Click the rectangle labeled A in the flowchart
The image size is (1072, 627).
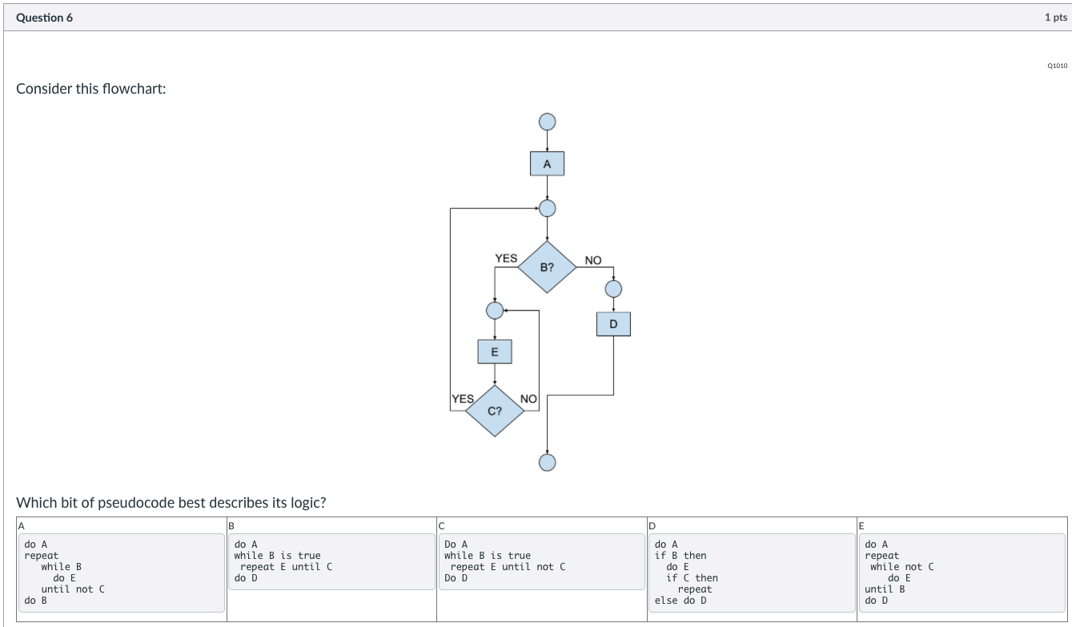(x=547, y=164)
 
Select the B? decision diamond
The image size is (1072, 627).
(x=547, y=267)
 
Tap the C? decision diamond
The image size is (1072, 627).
(x=495, y=411)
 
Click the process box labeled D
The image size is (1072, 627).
(x=613, y=324)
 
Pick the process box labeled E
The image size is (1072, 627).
(x=495, y=352)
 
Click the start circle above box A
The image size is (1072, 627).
(x=547, y=122)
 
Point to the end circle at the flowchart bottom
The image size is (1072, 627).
(x=547, y=463)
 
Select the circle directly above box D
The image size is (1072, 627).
(x=613, y=288)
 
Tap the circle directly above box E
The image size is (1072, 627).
(x=495, y=310)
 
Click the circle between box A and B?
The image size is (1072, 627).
(x=547, y=208)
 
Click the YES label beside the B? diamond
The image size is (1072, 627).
(x=506, y=258)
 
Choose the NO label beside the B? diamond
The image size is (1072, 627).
(x=593, y=260)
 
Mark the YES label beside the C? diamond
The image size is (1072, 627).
(x=463, y=398)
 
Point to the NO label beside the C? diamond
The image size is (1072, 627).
(x=528, y=399)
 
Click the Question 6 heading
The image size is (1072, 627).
(x=44, y=18)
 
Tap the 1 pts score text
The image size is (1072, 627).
(x=1055, y=18)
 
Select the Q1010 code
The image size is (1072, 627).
(x=1057, y=66)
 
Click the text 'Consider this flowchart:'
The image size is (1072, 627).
(x=91, y=89)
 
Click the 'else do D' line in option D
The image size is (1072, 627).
(x=681, y=601)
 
